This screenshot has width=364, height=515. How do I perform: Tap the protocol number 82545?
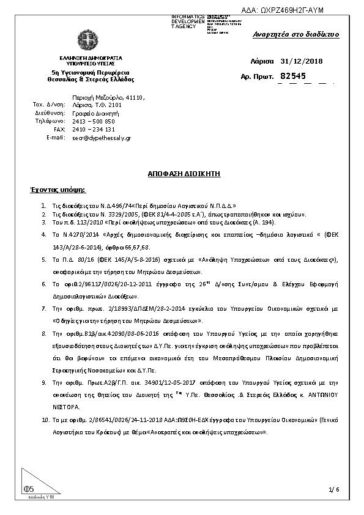tap(292, 76)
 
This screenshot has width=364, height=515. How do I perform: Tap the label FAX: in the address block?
tap(59, 130)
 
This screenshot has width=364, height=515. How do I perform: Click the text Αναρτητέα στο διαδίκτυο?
tap(295, 34)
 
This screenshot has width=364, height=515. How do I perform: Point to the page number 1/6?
tap(333, 489)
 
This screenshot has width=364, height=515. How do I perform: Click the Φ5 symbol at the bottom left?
tap(29, 488)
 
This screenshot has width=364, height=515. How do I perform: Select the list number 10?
tap(44, 421)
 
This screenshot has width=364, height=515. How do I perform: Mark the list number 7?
tap(43, 308)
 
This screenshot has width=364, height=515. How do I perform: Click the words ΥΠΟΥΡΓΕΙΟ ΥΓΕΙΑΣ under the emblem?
tap(91, 63)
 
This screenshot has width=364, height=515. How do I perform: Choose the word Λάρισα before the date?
tap(262, 61)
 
